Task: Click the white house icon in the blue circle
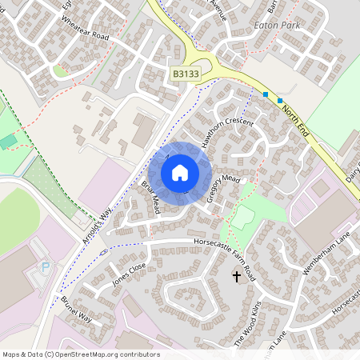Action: tap(180, 172)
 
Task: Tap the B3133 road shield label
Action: tap(186, 74)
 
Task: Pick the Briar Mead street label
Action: tap(151, 196)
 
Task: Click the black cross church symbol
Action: tap(236, 277)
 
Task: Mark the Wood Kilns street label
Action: tap(249, 325)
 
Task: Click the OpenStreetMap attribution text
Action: tap(81, 354)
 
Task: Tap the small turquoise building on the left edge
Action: tap(8, 142)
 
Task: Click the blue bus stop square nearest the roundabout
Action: tap(265, 94)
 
